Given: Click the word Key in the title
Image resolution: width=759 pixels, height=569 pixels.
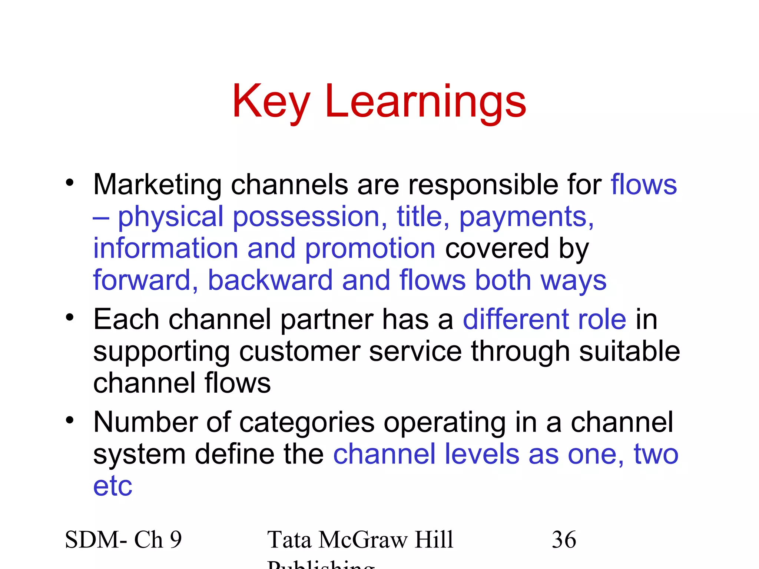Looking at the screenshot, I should click(x=271, y=102).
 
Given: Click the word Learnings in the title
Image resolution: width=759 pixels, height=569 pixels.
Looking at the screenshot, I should click(x=425, y=102).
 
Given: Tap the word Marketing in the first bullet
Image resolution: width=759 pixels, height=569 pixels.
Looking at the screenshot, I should click(x=157, y=185).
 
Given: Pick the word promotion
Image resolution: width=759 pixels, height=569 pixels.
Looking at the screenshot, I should click(x=370, y=249).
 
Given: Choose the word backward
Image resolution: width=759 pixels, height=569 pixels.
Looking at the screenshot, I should click(x=270, y=280).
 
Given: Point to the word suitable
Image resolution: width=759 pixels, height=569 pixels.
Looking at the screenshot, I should click(x=629, y=351).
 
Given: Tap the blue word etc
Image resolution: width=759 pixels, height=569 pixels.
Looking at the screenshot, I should click(x=113, y=486).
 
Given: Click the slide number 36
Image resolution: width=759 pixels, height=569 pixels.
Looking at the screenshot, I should click(x=564, y=540).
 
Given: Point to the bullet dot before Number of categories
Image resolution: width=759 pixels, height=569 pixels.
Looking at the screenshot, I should click(x=70, y=420).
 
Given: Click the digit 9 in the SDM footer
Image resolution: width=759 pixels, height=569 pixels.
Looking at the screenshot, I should click(x=176, y=540).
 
